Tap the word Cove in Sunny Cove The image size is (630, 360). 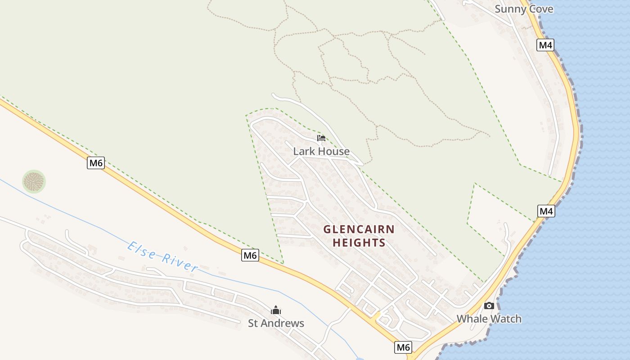[x=541, y=9]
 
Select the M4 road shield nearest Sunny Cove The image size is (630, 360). [x=545, y=45]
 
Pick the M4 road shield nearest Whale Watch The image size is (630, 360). [x=546, y=211]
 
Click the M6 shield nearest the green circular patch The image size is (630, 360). [x=96, y=163]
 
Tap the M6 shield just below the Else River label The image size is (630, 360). [x=250, y=255]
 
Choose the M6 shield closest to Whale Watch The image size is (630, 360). [x=403, y=347]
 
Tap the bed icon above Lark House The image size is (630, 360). [x=321, y=138]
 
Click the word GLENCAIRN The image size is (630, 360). [x=359, y=229]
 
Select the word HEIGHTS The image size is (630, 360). [x=359, y=243]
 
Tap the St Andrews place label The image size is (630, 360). [x=276, y=323]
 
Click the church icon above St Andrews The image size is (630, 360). [x=276, y=310]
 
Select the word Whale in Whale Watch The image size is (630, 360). [x=472, y=319]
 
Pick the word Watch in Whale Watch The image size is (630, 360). [x=505, y=319]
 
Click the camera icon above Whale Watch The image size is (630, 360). [x=489, y=306]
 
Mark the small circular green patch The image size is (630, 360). [x=34, y=182]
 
